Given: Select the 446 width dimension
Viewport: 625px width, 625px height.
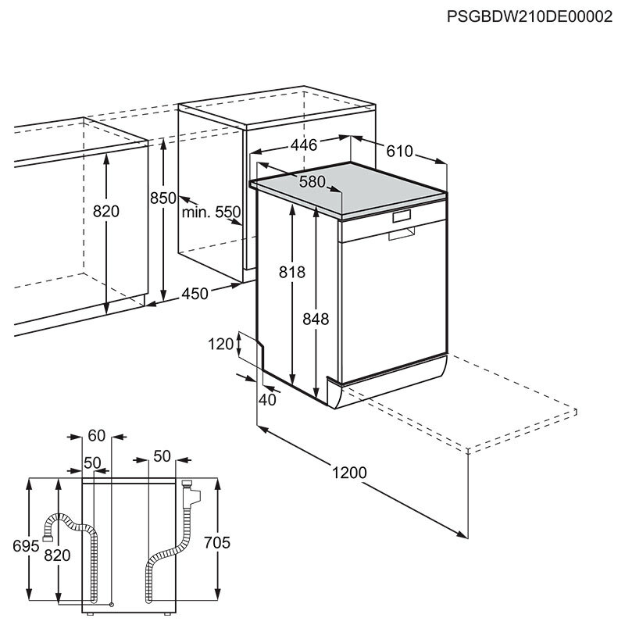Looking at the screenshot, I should (x=303, y=145).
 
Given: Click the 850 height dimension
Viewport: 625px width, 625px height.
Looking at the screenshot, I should (x=163, y=198).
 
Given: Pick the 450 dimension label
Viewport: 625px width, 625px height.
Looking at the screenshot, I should (x=195, y=294).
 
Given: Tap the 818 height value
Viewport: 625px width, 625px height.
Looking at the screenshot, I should (x=292, y=272).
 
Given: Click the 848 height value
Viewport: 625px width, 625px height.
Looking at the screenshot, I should (x=316, y=319).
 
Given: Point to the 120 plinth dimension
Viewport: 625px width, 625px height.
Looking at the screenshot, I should (x=222, y=344).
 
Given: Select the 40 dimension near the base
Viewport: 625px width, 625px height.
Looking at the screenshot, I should (x=268, y=400).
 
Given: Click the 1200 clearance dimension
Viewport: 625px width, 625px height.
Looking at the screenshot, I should (x=349, y=472).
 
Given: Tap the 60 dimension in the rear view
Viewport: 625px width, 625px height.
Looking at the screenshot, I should (x=96, y=436).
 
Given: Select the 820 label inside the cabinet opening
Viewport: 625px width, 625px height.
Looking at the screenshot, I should (x=105, y=211).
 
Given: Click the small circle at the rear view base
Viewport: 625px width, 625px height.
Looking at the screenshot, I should (x=112, y=604).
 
